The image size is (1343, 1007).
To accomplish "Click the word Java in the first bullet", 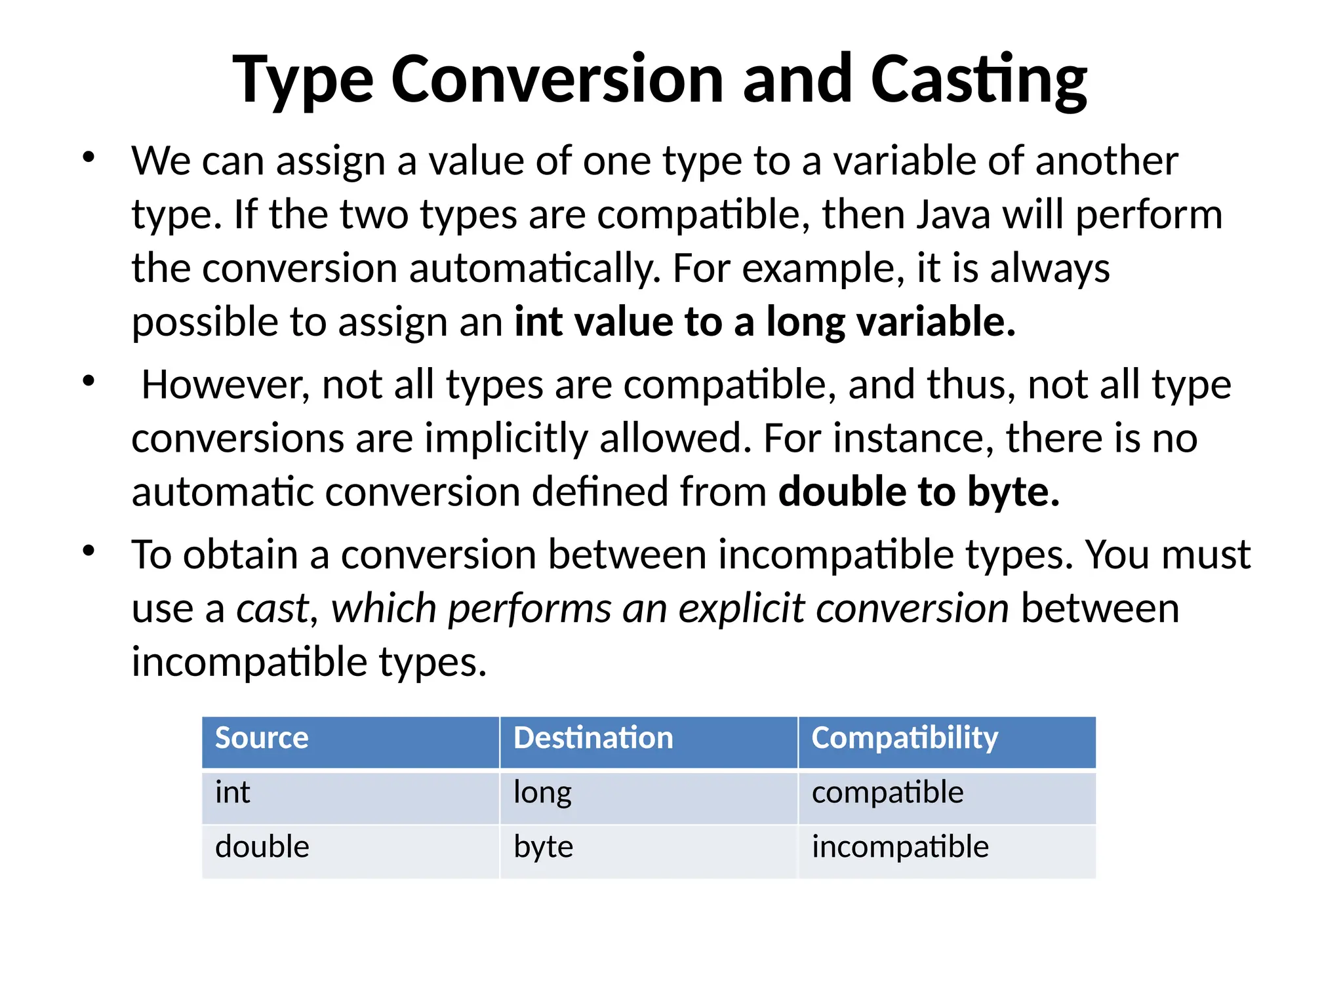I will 953,215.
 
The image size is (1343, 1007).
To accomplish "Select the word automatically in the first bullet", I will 534,269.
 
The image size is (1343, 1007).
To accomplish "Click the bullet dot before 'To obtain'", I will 89,551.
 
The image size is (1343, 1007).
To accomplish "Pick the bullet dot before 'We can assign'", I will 89,157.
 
